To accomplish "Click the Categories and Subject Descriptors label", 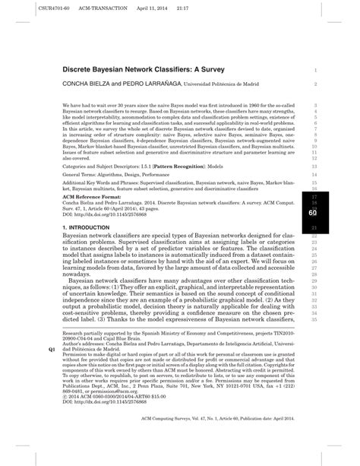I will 106,164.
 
